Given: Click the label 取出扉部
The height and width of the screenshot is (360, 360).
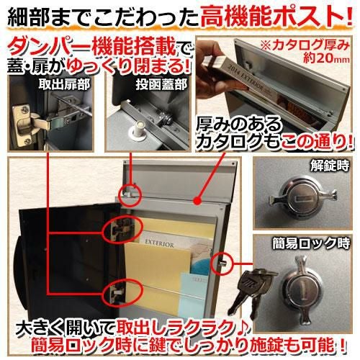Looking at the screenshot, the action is pos(64,84).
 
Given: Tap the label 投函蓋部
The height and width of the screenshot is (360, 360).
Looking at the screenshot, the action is pos(161,84).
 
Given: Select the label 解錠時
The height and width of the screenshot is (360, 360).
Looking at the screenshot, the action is pos(330,165).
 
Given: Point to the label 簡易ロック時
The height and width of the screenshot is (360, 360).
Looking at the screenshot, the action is pos(311,243).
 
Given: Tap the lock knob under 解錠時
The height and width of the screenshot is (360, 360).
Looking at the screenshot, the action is pos(303,198).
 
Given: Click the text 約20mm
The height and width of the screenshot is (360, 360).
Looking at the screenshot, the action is pos(326,58).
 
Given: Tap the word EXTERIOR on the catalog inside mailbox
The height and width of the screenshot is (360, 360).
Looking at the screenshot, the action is pos(159,243).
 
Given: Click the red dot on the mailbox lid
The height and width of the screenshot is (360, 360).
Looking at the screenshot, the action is pos(198,201).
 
